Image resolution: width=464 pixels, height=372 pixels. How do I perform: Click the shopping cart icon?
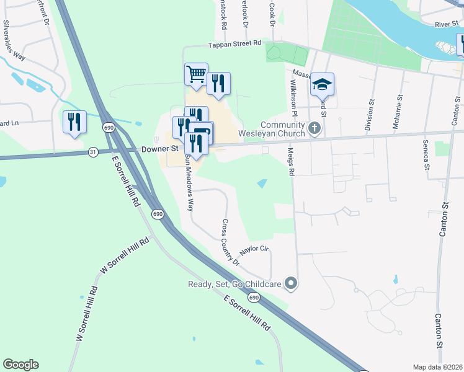tap(196, 75)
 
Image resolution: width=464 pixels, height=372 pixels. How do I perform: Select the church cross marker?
tap(315, 129)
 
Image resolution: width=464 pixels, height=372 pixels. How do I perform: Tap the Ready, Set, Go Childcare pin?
tap(292, 285)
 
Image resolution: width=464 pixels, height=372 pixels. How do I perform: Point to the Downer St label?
tap(160, 149)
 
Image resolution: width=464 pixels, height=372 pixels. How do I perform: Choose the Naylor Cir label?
tap(254, 250)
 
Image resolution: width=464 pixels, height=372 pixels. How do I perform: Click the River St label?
tap(445, 24)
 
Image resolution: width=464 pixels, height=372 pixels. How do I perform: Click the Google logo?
tap(20, 365)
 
